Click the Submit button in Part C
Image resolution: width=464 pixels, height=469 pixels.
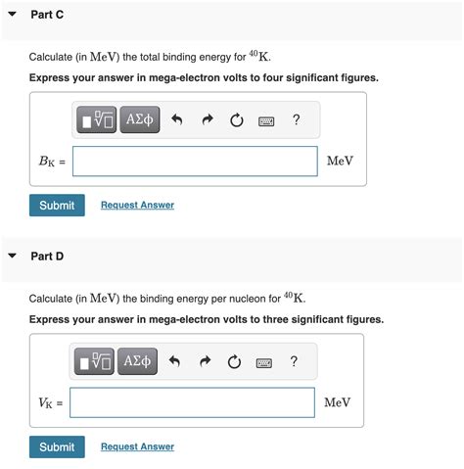(57, 206)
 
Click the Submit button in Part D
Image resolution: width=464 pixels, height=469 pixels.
(57, 447)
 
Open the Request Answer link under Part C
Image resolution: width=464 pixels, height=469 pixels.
(137, 206)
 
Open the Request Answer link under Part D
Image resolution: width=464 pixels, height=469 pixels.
(137, 447)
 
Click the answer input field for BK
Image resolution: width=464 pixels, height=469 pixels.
(195, 162)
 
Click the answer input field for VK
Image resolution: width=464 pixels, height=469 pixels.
(193, 402)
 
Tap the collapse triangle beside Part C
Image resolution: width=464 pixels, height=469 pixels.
(12, 16)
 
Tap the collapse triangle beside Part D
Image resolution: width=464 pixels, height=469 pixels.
(12, 257)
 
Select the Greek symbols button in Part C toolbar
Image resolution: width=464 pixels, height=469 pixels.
(140, 120)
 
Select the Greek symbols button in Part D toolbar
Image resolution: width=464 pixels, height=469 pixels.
(138, 362)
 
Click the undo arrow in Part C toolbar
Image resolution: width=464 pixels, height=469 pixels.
(177, 121)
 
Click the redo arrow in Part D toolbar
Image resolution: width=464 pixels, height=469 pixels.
(204, 363)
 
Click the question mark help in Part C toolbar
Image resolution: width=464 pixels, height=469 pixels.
(296, 120)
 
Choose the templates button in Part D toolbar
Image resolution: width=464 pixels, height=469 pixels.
(96, 362)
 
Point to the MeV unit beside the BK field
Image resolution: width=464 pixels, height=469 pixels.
(340, 162)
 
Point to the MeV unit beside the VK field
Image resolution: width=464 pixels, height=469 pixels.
(337, 402)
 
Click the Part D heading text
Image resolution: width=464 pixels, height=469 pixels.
(47, 257)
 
